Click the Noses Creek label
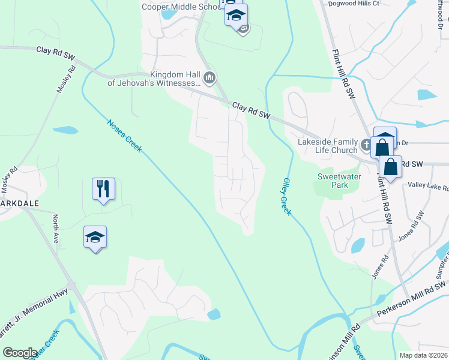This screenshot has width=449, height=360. coord(124,136)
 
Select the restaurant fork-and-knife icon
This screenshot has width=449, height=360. coord(103,189)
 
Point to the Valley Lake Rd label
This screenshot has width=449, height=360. coord(428,187)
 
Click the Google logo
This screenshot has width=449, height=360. coord(20,352)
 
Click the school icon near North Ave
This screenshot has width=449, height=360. coord(95,238)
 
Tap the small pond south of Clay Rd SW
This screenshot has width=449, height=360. coord(65,130)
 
